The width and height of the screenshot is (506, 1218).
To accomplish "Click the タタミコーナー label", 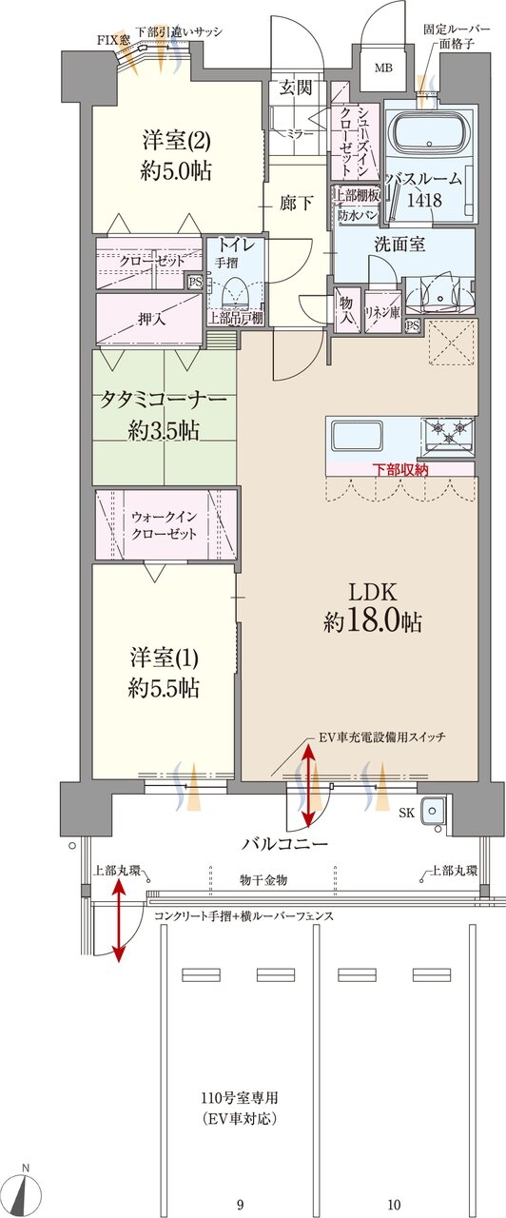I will (164, 414).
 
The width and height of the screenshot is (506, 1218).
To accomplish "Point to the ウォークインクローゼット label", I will (165, 524).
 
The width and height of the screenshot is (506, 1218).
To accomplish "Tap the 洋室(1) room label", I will (165, 671).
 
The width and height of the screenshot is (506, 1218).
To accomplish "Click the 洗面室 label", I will (399, 245).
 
